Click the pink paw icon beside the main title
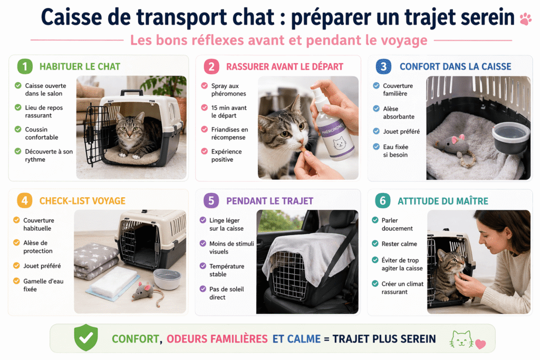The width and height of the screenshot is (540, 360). pos(525,19)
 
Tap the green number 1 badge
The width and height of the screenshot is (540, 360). pos(24,66)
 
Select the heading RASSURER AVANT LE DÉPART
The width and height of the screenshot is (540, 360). pos(284,66)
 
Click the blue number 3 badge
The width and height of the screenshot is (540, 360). pos(383,66)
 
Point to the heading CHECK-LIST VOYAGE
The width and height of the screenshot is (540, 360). pos(82,201)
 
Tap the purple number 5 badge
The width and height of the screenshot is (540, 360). pos(211,201)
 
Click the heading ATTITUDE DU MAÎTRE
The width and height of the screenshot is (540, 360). pos(442,201)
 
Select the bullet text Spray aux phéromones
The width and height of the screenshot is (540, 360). pos(228,90)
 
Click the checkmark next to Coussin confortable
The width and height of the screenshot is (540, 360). pos(18,130)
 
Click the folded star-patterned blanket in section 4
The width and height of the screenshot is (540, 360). pos(95,261)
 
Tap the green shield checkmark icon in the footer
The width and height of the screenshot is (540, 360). pos(85,338)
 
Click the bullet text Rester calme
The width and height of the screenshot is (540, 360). pos(399,244)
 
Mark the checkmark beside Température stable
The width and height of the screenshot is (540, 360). pos(203,266)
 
